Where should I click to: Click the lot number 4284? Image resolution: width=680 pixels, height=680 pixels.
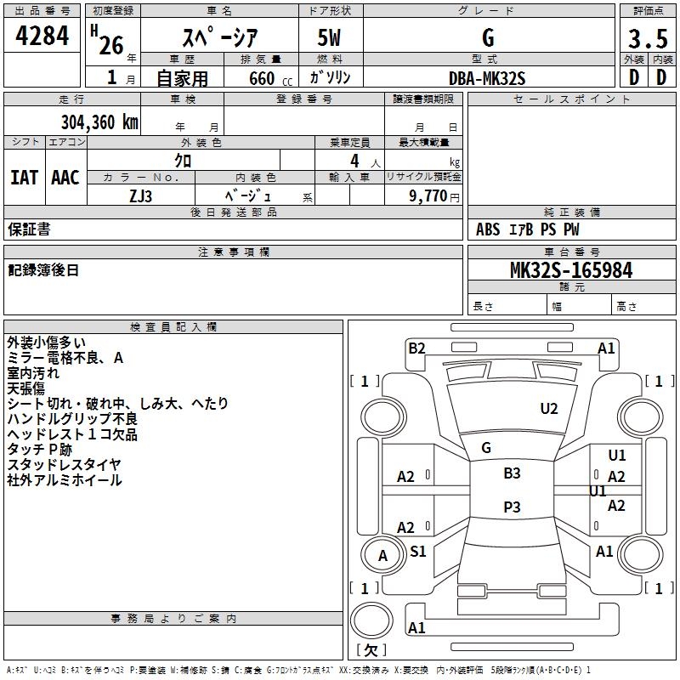[x=42, y=36]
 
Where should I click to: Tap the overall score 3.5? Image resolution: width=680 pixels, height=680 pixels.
[x=648, y=39]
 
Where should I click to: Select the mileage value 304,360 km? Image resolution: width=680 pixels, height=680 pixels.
[x=99, y=122]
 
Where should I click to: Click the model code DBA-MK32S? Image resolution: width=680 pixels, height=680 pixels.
[x=487, y=78]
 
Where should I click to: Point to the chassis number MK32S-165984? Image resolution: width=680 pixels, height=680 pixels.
[x=571, y=270]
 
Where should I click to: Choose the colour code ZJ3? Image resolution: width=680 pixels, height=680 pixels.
[x=140, y=196]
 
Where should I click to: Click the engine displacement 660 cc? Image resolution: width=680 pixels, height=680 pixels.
[x=270, y=79]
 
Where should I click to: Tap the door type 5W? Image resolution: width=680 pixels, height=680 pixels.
[x=329, y=37]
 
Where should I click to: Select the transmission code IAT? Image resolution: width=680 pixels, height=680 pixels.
[x=25, y=178]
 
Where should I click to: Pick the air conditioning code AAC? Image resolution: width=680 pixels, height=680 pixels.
[x=65, y=178]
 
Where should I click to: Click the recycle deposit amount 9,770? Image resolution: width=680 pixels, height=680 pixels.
[x=428, y=195]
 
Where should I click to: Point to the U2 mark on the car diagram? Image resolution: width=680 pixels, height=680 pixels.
[x=549, y=409]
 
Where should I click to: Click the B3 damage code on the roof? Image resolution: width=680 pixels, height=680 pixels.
[x=512, y=473]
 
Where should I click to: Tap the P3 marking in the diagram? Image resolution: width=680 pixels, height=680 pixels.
[x=512, y=507]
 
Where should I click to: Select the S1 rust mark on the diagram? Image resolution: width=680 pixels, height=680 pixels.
[x=418, y=551]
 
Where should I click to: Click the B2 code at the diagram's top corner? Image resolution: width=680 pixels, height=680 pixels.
[x=416, y=348]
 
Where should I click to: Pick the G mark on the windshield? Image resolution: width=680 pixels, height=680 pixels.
[x=486, y=448]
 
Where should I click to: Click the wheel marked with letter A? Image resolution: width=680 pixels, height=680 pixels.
[x=383, y=556]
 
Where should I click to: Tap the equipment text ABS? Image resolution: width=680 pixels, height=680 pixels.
[x=488, y=229]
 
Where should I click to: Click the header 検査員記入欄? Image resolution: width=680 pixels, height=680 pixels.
[x=173, y=327]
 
